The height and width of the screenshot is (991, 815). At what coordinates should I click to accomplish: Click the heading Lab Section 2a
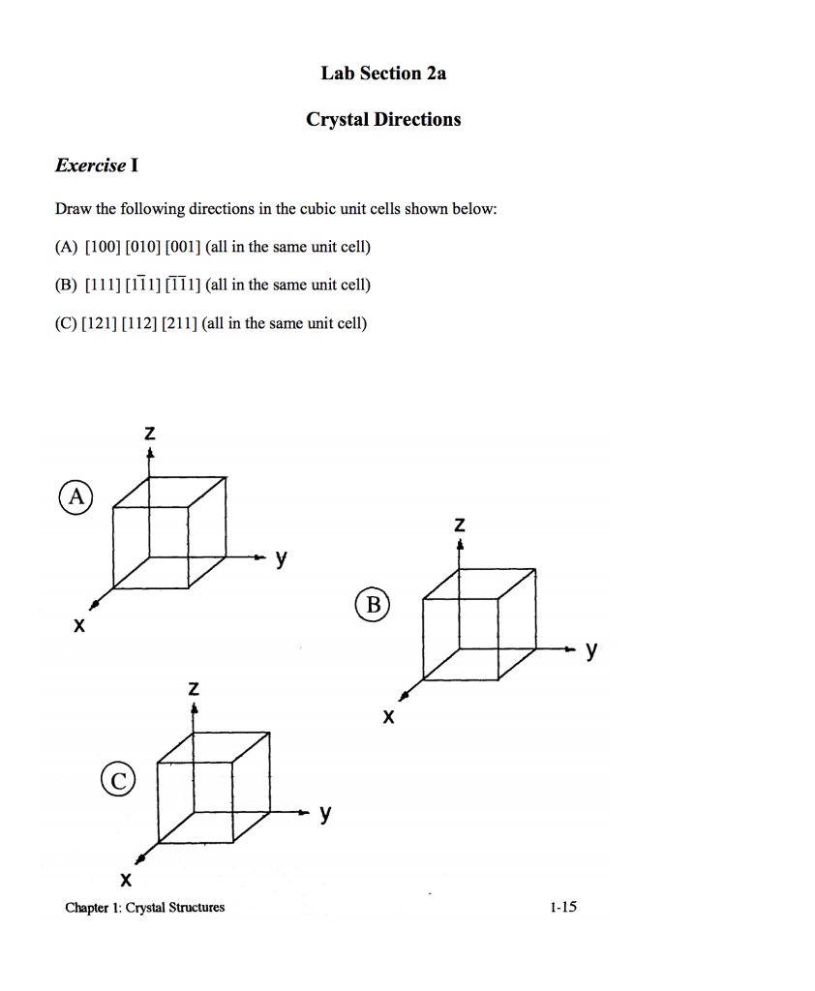coord(383,74)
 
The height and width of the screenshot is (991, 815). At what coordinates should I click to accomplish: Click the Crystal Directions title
coord(383,119)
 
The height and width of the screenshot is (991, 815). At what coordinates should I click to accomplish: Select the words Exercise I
coord(96,165)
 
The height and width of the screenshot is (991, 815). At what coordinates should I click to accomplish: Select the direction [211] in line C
coord(181,322)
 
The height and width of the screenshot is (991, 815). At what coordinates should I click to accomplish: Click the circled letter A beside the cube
coord(75,497)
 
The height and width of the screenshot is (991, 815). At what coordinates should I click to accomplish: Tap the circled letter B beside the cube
coord(373,606)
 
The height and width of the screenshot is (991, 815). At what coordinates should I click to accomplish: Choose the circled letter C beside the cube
coord(115,780)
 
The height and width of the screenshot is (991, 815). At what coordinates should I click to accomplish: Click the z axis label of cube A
coord(149,435)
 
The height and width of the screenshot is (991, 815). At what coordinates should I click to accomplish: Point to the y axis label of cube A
coord(281,557)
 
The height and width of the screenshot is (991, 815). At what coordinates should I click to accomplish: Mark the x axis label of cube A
coord(78,626)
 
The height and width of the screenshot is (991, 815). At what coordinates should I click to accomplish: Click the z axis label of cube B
coord(460,526)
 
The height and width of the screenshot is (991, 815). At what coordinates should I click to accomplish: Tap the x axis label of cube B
coord(388,717)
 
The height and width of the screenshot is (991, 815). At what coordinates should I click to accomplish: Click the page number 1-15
coord(561,907)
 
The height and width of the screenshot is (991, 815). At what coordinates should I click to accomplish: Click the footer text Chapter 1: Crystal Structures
coord(144,907)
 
